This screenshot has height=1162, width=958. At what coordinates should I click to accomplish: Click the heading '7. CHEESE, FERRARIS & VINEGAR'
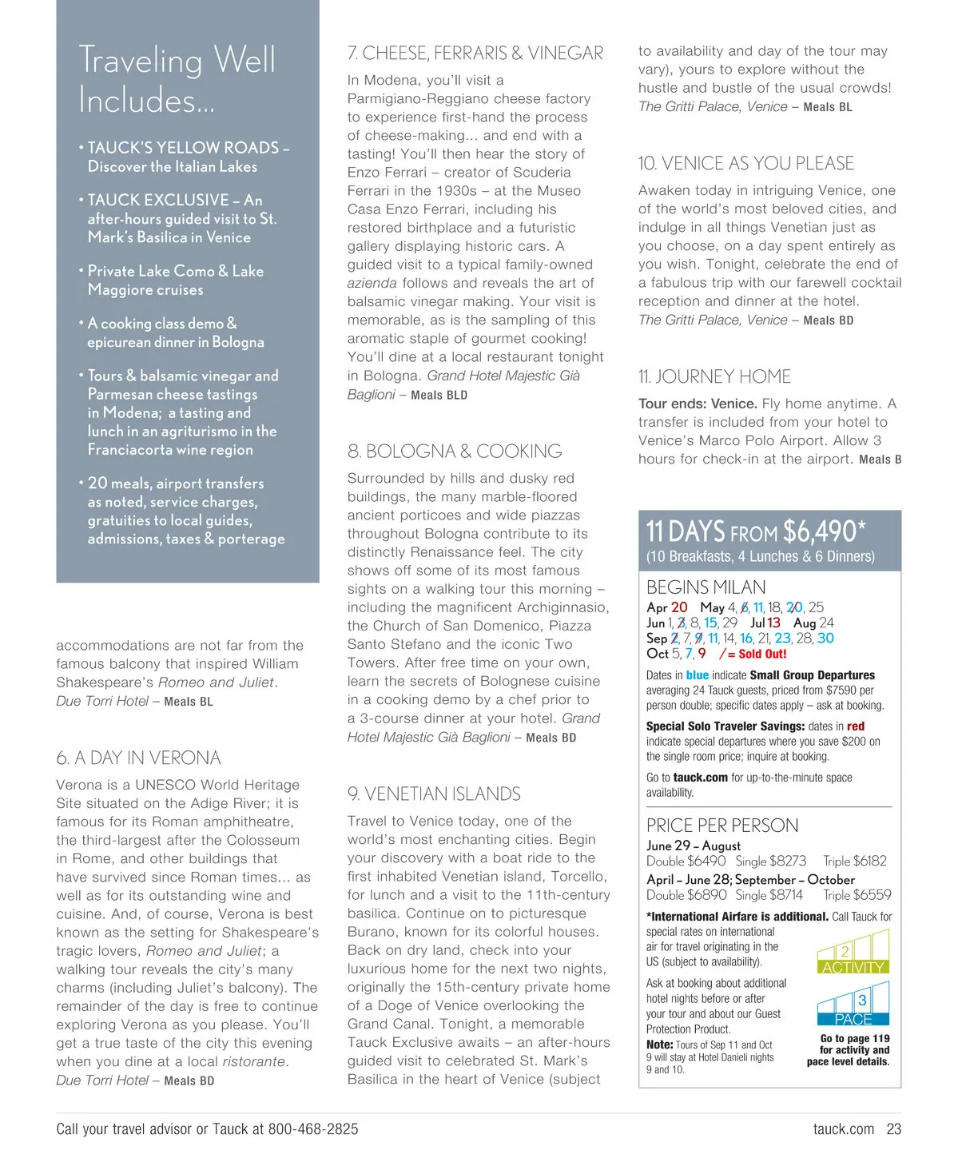[x=475, y=54]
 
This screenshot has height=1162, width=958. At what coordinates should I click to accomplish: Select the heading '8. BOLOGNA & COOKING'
[x=455, y=452]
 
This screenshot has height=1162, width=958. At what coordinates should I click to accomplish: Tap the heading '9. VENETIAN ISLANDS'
[x=434, y=794]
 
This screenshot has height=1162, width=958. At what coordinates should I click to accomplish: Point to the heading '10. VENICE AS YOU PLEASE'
[x=745, y=164]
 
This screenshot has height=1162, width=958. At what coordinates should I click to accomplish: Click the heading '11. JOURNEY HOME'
[x=714, y=377]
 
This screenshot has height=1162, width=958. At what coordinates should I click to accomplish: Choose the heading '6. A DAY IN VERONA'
[x=138, y=758]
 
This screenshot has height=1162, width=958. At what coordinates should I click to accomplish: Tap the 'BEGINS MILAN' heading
[x=706, y=587]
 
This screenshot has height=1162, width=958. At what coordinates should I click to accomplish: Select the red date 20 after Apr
[x=679, y=607]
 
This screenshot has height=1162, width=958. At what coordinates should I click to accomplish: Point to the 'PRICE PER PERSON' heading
[x=721, y=826]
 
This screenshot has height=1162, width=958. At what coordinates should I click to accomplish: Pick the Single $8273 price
[x=770, y=862]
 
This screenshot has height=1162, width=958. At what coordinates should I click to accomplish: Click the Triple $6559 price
[x=857, y=895]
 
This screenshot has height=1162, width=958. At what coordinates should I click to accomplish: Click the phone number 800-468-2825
[x=313, y=1129]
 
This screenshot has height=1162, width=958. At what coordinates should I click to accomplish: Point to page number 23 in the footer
[x=893, y=1129]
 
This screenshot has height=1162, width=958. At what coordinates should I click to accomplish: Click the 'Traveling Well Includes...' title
[x=177, y=80]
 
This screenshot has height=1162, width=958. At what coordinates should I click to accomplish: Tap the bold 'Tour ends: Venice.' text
[x=698, y=404]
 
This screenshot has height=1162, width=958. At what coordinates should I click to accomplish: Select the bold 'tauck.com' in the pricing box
[x=700, y=778]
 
